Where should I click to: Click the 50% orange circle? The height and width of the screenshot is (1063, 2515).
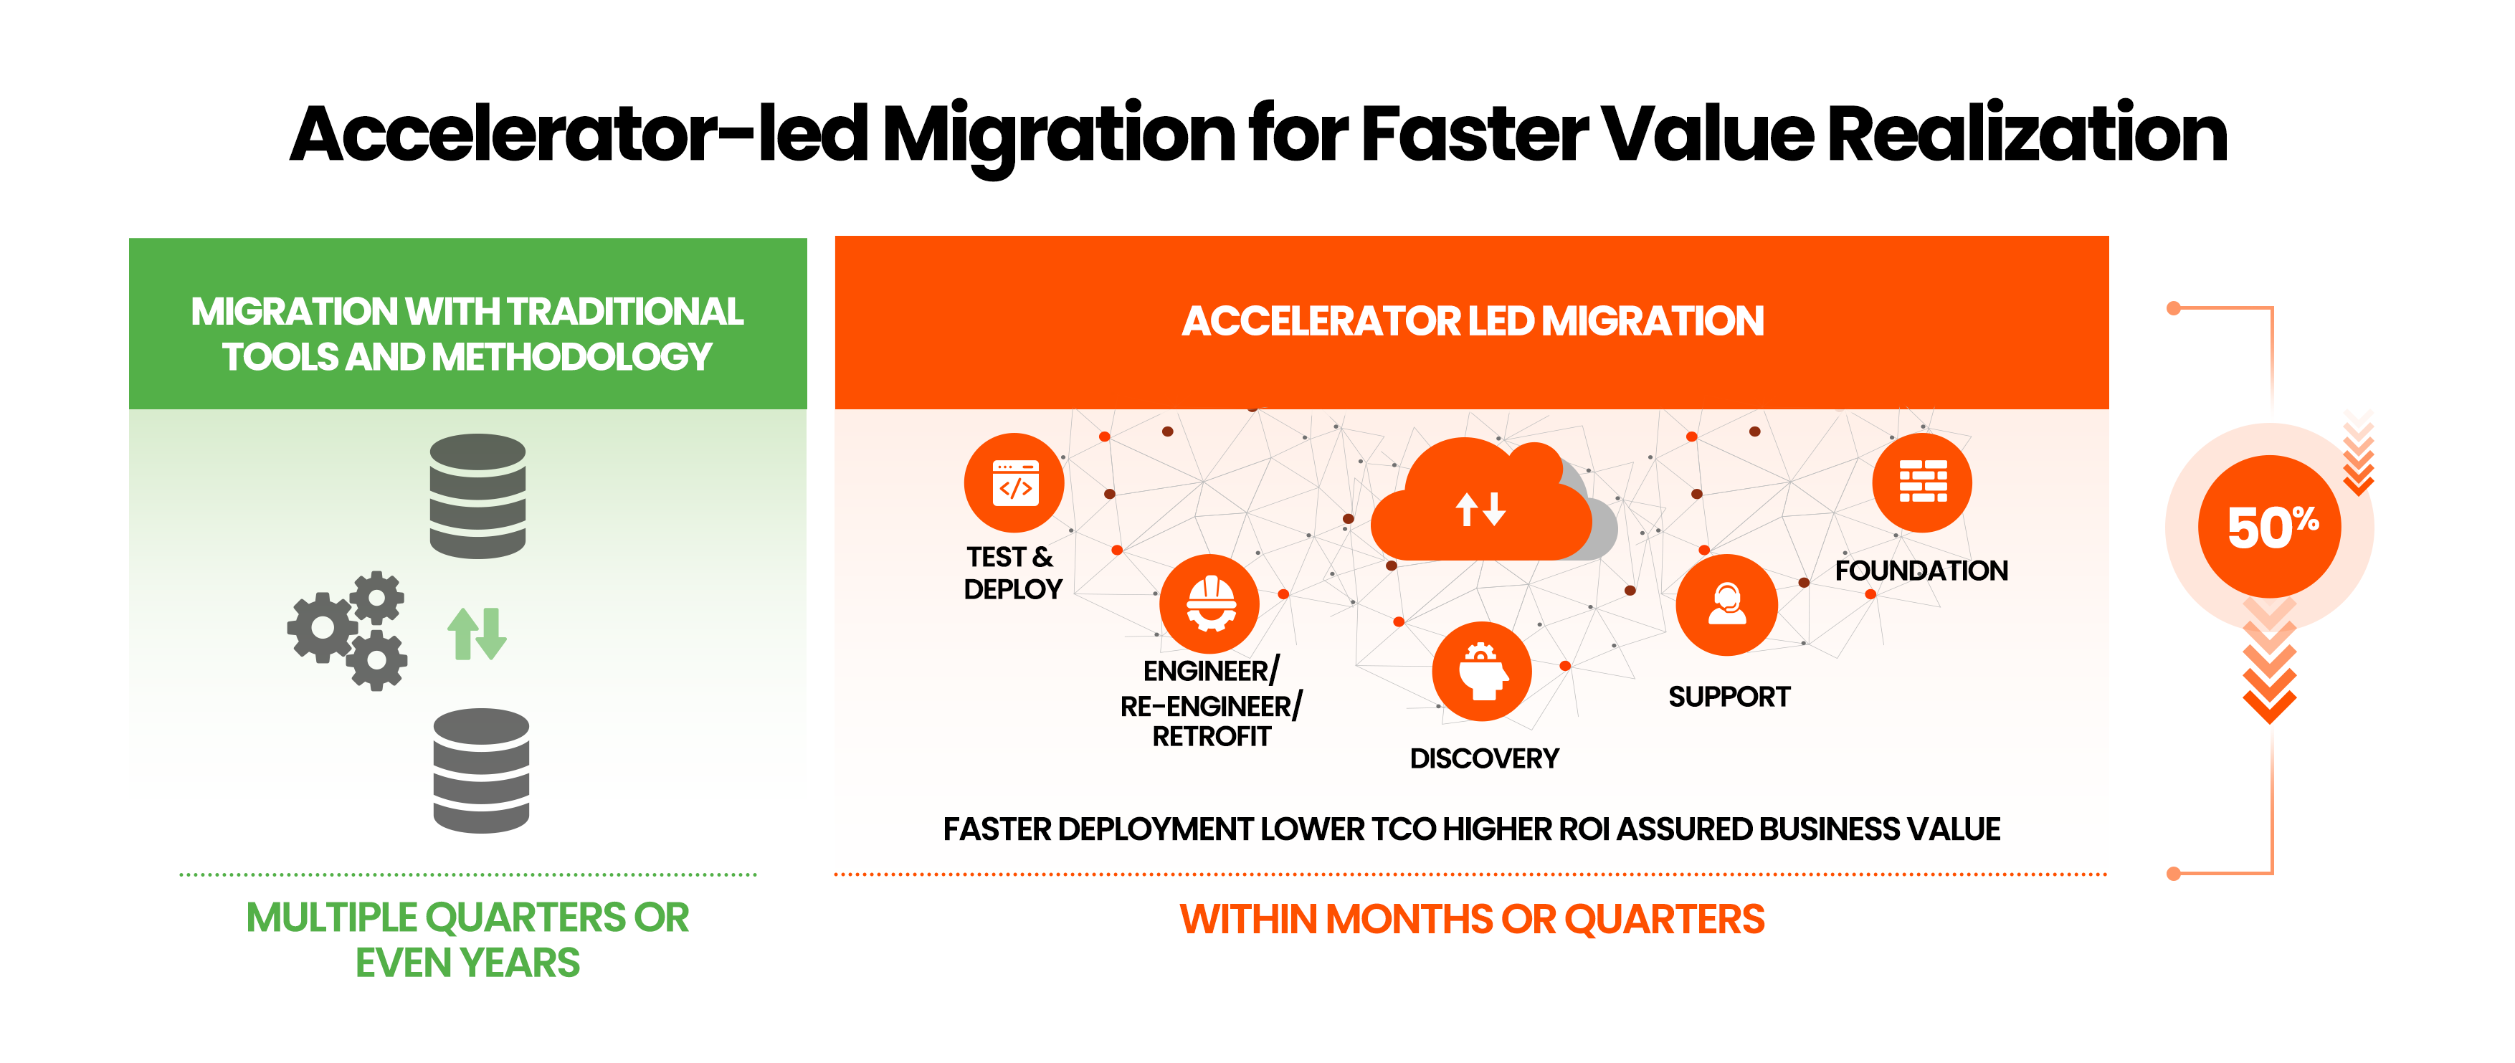pos(2269,527)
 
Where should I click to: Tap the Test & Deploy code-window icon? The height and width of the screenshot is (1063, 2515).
pos(1014,483)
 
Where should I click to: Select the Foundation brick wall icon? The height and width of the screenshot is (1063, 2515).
pos(1922,482)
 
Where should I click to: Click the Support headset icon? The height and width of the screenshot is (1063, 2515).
pos(1726,604)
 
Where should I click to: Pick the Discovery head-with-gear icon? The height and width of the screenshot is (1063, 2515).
pos(1482,672)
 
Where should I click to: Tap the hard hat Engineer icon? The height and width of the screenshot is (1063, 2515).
pos(1209,604)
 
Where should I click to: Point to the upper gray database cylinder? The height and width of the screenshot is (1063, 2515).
pos(477,496)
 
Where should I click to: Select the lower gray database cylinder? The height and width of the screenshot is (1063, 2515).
pos(481,771)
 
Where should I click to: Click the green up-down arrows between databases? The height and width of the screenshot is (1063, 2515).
pos(477,634)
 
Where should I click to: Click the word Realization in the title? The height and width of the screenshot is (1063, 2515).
pos(2027,134)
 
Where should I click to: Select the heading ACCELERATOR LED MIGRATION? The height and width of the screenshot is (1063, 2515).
pos(1473,321)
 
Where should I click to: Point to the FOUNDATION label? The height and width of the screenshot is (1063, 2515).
pos(1921,570)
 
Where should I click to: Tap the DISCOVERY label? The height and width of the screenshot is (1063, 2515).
pos(1484,758)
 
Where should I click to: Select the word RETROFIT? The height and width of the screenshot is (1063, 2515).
pos(1212,737)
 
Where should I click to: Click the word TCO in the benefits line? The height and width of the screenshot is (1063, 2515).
pos(1403,829)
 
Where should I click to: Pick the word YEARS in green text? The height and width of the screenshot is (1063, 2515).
pos(520,963)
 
